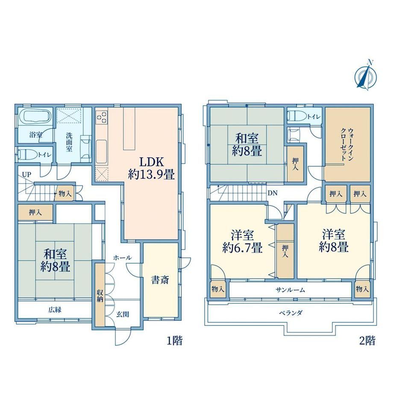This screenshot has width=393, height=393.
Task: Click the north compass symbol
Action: pos(366,75)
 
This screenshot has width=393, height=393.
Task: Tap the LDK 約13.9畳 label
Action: pos(151,168)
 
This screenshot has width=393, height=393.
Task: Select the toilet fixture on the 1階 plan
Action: pos(27,155)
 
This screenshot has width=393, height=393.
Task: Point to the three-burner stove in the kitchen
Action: pos(102,118)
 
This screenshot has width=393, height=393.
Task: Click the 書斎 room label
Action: pos(160,280)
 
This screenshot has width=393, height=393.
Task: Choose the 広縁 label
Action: pos(55,310)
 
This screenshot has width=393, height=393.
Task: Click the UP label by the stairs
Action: pos(26,174)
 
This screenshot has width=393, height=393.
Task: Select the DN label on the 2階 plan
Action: pos(273,193)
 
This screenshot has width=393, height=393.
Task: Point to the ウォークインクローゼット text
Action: pos(347,144)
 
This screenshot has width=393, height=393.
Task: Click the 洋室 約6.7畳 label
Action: pos(242,241)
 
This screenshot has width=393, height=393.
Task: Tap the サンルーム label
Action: pos(290,290)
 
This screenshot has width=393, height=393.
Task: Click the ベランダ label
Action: pos(291,313)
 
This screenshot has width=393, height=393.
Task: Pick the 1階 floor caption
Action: pos(174,340)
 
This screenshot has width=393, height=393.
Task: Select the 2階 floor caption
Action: pos(367,340)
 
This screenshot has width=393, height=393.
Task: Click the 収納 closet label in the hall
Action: pos(100,296)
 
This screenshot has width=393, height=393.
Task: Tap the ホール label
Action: pos(122,258)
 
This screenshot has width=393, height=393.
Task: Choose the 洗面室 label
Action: pos(69,142)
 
